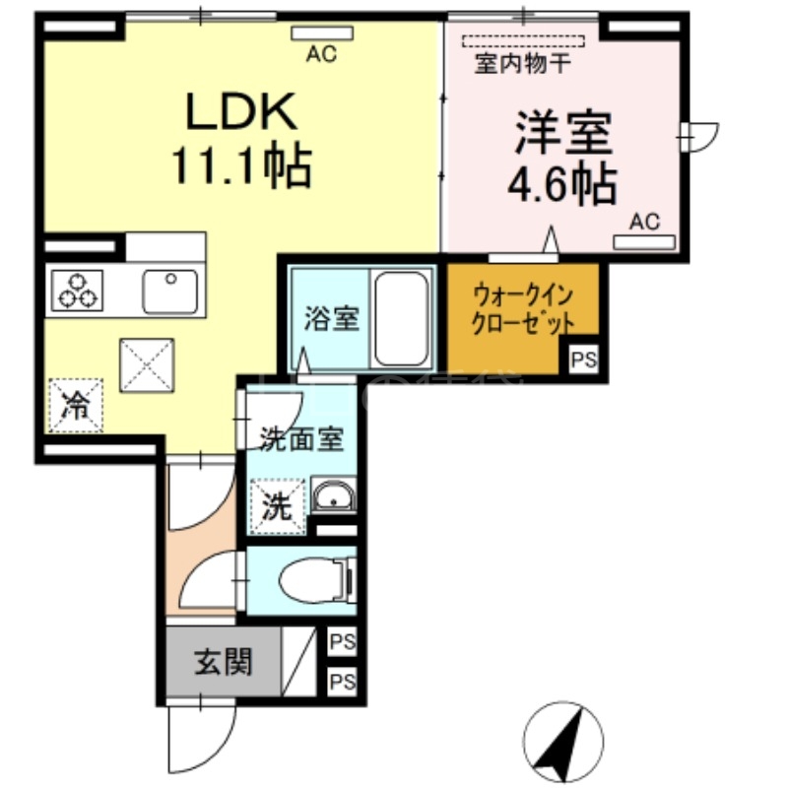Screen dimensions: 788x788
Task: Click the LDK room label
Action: (x=242, y=113)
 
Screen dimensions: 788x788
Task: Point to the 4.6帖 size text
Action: (x=561, y=185)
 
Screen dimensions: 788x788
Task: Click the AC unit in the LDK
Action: (x=321, y=34)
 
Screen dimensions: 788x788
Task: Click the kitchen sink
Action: (x=169, y=290)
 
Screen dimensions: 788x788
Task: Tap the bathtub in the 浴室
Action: (x=402, y=317)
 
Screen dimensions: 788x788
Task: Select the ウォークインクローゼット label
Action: (x=522, y=309)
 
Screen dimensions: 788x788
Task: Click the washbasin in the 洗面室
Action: (x=336, y=498)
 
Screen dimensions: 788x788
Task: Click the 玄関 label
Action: (x=222, y=662)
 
